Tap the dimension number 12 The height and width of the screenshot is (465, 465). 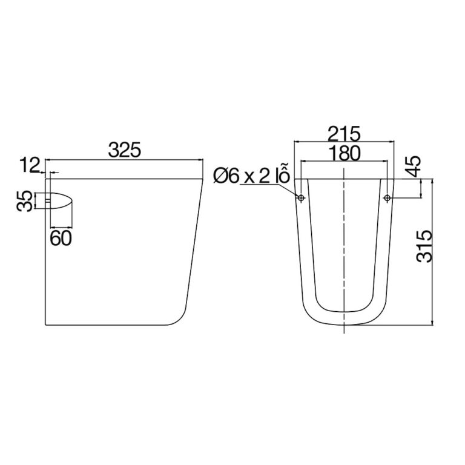[x=30, y=163]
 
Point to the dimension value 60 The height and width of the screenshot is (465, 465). [x=61, y=238]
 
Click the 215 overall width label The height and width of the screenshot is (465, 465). [x=343, y=132]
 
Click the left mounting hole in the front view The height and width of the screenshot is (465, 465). [x=301, y=198]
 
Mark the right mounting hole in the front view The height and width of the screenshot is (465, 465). [x=387, y=198]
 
